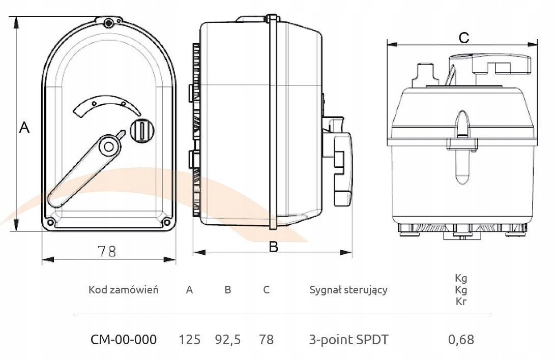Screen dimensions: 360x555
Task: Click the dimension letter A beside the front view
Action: (x=24, y=128)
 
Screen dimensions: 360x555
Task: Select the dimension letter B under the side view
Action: (x=274, y=247)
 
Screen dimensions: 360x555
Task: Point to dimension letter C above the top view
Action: (x=463, y=37)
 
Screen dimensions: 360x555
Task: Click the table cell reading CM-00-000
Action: (x=124, y=339)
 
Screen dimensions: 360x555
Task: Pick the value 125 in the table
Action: (x=190, y=339)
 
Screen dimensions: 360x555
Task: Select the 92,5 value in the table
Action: (x=228, y=339)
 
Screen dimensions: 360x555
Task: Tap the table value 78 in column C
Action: (x=266, y=339)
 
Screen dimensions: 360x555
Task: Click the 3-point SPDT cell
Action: (x=348, y=339)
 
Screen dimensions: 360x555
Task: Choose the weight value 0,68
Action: (x=461, y=339)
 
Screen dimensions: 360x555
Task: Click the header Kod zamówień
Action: (x=124, y=290)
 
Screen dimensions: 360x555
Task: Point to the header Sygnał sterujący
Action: (x=348, y=290)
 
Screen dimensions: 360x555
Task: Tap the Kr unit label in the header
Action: (x=461, y=302)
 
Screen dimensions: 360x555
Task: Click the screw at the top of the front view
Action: (x=108, y=22)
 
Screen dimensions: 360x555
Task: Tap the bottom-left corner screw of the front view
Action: (x=50, y=222)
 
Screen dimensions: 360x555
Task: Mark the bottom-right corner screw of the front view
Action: (x=166, y=222)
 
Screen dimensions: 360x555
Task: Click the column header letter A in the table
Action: (x=190, y=290)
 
